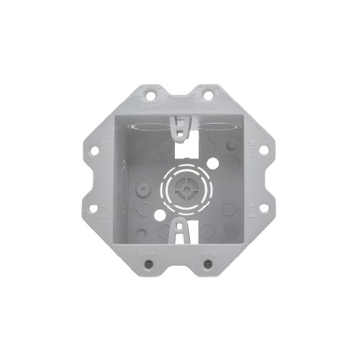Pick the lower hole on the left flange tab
coord(96,209)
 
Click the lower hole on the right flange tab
coord(264,209)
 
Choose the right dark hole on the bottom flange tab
coord(207,264)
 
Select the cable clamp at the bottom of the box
coord(180,232)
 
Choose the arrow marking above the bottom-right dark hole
coord(207,253)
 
